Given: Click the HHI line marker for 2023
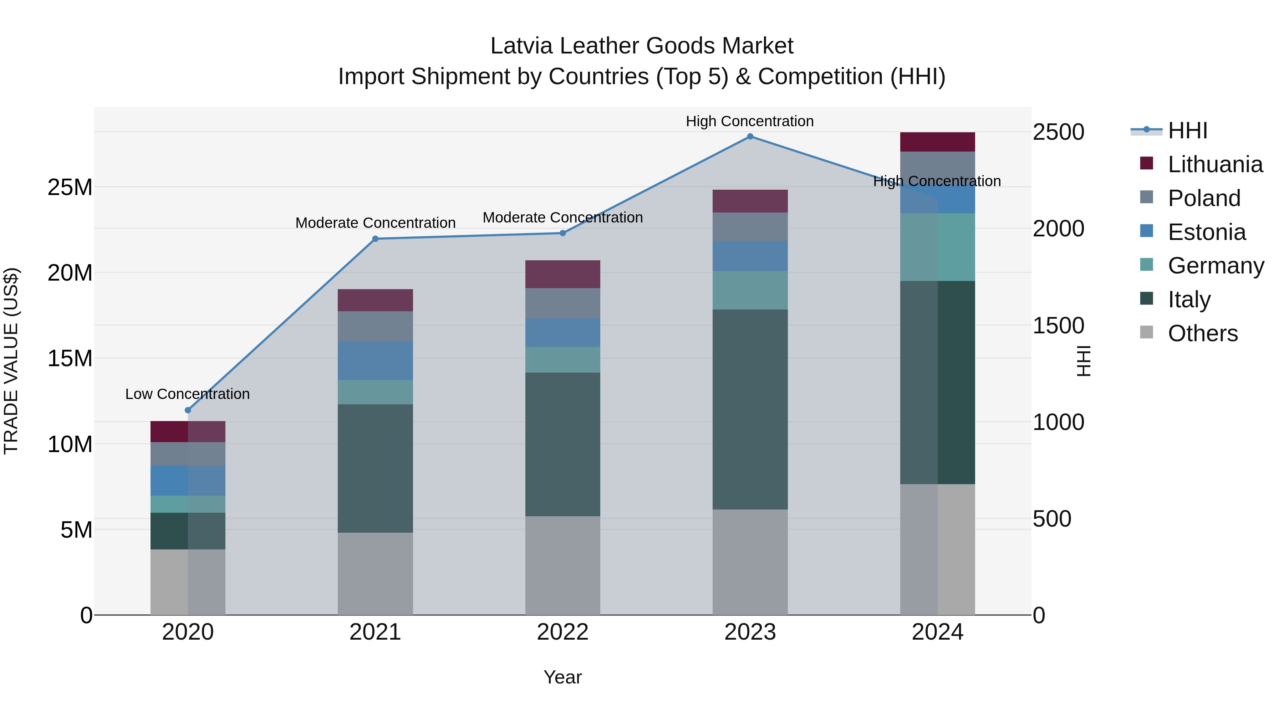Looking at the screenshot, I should pos(750,137).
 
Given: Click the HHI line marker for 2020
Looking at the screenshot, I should pos(188,410).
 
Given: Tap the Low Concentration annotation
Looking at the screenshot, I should pos(187,394).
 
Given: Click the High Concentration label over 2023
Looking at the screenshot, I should pos(750,121).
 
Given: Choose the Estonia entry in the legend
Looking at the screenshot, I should pos(1206,232).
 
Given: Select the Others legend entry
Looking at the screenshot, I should pos(1202,333).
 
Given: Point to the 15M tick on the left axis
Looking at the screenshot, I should pos(70,358).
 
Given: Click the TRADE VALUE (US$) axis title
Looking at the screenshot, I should pos(11,361).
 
